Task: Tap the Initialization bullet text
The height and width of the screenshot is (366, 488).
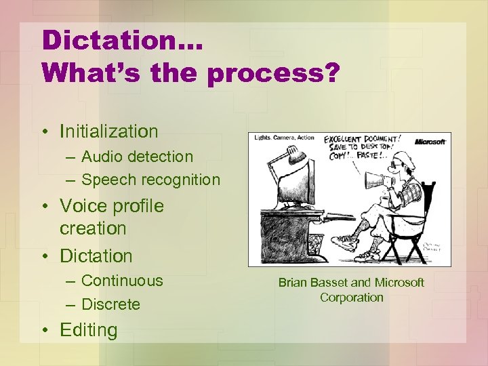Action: click(x=108, y=131)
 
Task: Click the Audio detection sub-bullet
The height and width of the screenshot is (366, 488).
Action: click(x=137, y=157)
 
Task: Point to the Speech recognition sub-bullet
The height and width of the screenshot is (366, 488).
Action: click(x=150, y=180)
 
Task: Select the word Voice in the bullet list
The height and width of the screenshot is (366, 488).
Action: click(x=81, y=205)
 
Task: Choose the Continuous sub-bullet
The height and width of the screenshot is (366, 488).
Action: click(x=122, y=281)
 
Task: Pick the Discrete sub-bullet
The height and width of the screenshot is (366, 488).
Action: click(x=110, y=304)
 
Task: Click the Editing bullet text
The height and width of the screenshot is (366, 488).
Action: click(x=88, y=330)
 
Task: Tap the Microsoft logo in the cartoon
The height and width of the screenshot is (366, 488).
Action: click(x=430, y=142)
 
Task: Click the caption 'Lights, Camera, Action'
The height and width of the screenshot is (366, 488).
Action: click(x=285, y=138)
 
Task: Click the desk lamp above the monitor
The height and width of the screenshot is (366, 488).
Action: click(x=285, y=163)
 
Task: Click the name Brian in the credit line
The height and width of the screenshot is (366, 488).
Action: click(x=293, y=282)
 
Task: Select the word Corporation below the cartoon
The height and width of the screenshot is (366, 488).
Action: click(x=351, y=298)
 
